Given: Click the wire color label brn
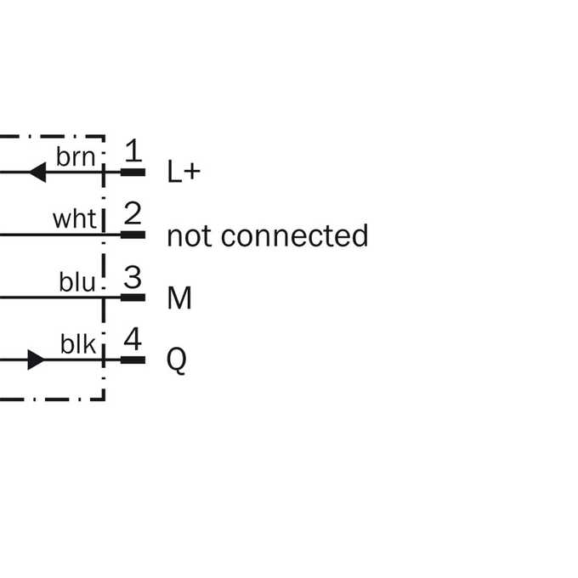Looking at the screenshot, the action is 76,156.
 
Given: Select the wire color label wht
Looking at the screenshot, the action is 75,219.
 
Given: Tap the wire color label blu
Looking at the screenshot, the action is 77,282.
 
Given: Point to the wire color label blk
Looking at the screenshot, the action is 78,344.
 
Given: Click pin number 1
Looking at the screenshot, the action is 133,150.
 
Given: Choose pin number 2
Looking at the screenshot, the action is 133,213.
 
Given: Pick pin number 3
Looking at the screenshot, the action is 133,277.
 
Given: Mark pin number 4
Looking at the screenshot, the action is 133,339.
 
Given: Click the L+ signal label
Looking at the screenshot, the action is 184,172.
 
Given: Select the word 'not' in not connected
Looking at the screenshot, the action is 189,236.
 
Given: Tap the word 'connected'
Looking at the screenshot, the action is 295,235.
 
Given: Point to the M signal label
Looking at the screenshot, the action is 179,297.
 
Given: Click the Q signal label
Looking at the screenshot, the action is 177,360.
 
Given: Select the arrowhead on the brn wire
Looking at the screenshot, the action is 37,173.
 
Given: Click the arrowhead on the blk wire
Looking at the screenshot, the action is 37,360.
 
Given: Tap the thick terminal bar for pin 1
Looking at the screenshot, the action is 133,173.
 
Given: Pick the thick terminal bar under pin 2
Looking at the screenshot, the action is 133,235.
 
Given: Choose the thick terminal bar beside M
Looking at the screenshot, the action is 133,297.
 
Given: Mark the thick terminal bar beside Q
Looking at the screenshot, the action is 133,360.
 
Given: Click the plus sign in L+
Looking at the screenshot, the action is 193,173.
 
